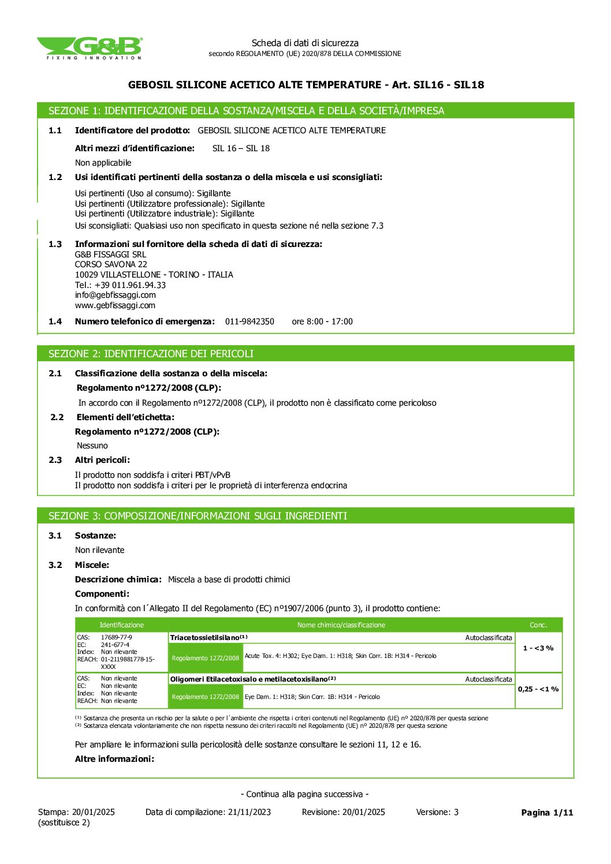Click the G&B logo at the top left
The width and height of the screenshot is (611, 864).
[x=90, y=48]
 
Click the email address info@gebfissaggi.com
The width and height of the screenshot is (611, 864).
[x=116, y=295]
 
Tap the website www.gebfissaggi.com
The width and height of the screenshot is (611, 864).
[x=115, y=305]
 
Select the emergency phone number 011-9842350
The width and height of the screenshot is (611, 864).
[x=249, y=321]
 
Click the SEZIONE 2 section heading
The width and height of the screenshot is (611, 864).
[x=151, y=354]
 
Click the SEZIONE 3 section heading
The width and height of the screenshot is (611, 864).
[x=198, y=516]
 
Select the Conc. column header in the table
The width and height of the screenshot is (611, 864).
[x=538, y=625]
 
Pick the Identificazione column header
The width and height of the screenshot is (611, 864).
[x=121, y=625]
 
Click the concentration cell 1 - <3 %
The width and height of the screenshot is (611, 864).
[x=538, y=648]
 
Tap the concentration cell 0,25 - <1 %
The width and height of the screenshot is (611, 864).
[x=538, y=689]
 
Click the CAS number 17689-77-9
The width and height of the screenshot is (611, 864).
[x=116, y=638]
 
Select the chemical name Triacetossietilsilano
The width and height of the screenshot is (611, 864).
[x=205, y=638]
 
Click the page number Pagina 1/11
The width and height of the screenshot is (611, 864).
[x=547, y=813]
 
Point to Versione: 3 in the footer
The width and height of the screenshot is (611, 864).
[x=437, y=812]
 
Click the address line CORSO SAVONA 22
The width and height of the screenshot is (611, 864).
[x=111, y=264]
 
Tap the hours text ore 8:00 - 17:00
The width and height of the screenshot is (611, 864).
[x=322, y=321]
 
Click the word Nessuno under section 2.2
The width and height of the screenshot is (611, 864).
[x=92, y=446]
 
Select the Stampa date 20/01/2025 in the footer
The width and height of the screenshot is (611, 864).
[x=94, y=812]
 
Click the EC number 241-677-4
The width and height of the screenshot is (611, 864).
[x=115, y=645]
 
